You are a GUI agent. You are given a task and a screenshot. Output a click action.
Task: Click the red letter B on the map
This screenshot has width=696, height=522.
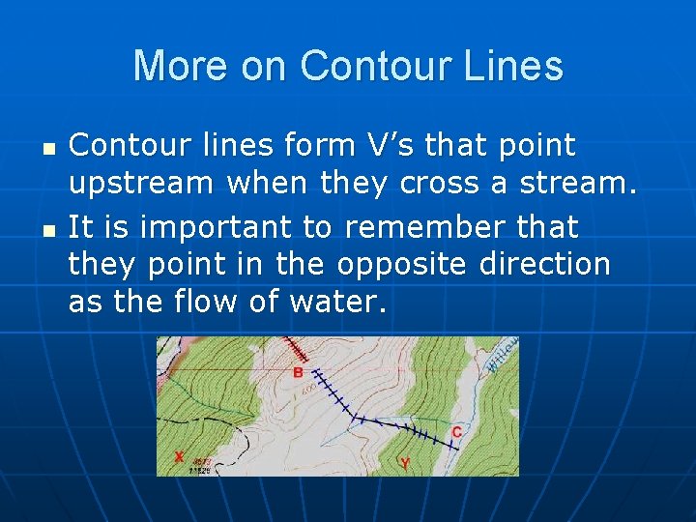pos(298,372)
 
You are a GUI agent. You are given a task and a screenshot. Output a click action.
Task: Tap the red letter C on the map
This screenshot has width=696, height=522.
pos(456,432)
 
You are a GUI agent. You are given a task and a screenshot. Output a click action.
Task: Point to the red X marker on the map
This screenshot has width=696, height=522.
pos(178,456)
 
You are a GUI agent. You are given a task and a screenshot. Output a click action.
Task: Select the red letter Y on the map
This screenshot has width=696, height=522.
pos(404,464)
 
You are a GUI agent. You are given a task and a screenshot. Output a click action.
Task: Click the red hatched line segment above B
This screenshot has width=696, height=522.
pos(293,350)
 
